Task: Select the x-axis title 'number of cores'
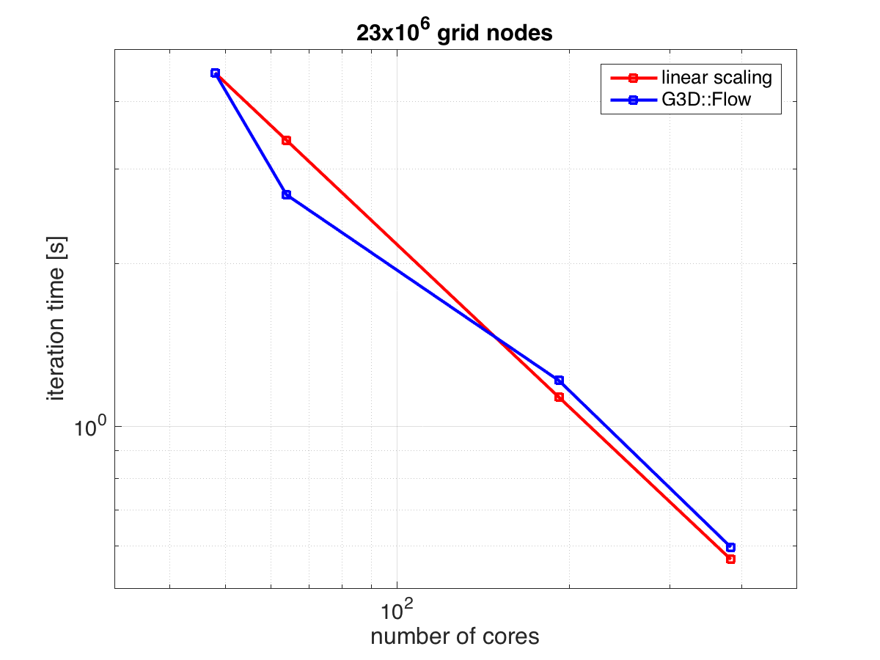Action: [455, 636]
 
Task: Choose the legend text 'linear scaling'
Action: [717, 76]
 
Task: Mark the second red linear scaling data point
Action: [286, 140]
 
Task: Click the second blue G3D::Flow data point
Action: [286, 194]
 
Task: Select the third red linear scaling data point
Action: [559, 397]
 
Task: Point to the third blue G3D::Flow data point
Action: [559, 380]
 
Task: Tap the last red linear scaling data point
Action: [730, 559]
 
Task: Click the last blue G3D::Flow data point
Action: [730, 547]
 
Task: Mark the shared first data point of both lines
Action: [215, 73]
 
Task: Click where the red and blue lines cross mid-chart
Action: [495, 337]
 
